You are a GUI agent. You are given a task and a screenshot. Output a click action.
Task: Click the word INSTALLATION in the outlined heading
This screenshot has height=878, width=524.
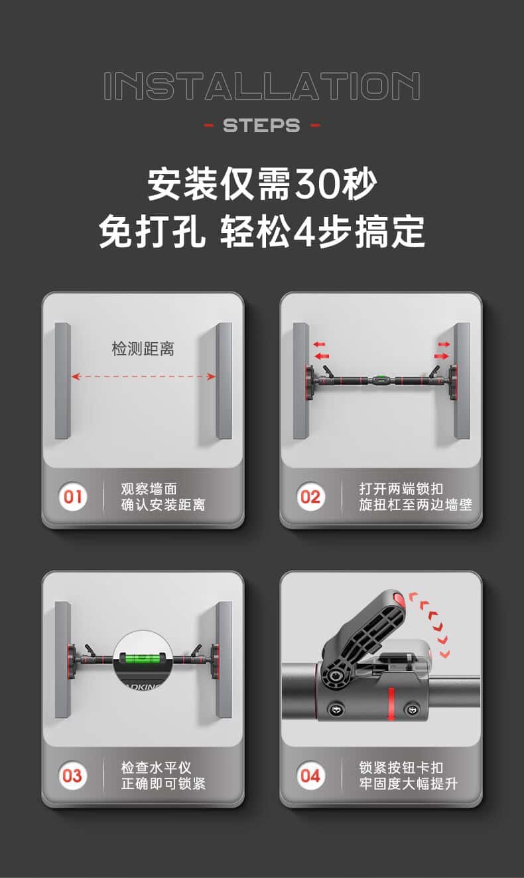pos(262,86)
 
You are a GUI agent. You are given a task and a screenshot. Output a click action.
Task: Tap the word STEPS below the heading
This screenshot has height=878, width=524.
pos(261,126)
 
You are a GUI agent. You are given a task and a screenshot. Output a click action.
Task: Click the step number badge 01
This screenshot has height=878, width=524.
pos(73,497)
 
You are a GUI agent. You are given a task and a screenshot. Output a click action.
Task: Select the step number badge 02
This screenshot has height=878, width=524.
pos(310,497)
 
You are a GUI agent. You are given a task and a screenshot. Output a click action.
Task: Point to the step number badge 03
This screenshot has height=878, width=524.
pos(73,776)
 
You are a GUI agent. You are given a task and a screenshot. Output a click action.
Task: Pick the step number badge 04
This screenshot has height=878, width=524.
pos(310,776)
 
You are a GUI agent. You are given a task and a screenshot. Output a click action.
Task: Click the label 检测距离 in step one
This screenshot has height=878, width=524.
pos(143,349)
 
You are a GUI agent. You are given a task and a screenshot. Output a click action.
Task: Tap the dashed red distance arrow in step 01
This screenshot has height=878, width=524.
pos(143,377)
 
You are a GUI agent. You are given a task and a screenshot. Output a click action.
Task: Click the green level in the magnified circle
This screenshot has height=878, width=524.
pos(143,659)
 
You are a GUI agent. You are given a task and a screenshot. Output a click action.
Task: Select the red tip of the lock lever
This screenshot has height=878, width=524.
pos(399,599)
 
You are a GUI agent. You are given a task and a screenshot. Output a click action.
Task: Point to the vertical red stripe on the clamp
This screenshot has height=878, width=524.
pos(391,703)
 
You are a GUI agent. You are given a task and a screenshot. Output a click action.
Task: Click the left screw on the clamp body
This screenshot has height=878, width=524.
pos(336,709)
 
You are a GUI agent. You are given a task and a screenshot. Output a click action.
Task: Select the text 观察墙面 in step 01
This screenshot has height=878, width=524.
pos(149,489)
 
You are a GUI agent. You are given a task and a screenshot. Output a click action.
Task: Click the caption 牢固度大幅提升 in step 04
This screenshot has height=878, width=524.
pos(409,784)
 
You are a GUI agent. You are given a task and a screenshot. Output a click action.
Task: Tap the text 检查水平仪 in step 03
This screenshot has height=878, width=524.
pos(156,768)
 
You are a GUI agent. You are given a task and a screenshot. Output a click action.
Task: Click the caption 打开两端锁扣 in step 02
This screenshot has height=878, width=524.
pos(401,489)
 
